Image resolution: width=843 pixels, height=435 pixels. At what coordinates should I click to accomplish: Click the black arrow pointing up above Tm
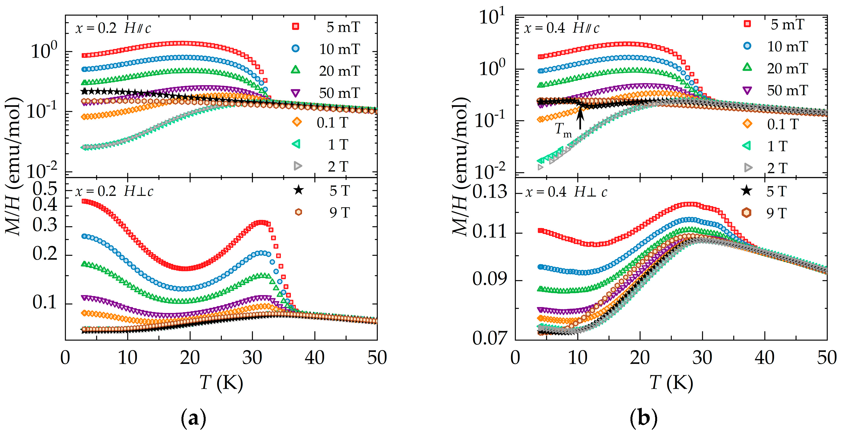(x=580, y=118)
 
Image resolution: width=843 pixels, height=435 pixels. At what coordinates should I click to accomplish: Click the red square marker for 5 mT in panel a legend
(x=296, y=26)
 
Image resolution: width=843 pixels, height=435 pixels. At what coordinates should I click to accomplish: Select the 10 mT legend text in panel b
(x=787, y=46)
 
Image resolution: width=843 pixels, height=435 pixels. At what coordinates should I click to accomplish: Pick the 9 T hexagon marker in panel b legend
(x=746, y=213)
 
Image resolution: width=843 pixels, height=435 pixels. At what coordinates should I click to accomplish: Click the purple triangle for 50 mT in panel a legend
(x=296, y=93)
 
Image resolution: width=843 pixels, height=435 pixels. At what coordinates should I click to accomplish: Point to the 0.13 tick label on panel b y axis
(x=490, y=192)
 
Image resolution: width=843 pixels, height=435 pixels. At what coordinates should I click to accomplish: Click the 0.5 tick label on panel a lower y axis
(x=45, y=189)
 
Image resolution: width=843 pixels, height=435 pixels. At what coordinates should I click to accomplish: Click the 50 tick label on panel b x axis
(x=827, y=358)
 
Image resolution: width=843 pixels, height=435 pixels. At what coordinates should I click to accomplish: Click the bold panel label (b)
(x=643, y=419)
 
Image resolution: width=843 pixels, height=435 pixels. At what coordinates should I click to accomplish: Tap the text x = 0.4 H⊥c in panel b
(x=566, y=192)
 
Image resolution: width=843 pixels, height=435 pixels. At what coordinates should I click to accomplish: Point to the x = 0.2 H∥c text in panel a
(x=113, y=29)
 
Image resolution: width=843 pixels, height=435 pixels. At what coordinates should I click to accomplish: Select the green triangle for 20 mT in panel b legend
(x=747, y=68)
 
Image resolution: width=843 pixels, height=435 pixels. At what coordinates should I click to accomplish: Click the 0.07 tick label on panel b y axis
(x=490, y=338)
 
